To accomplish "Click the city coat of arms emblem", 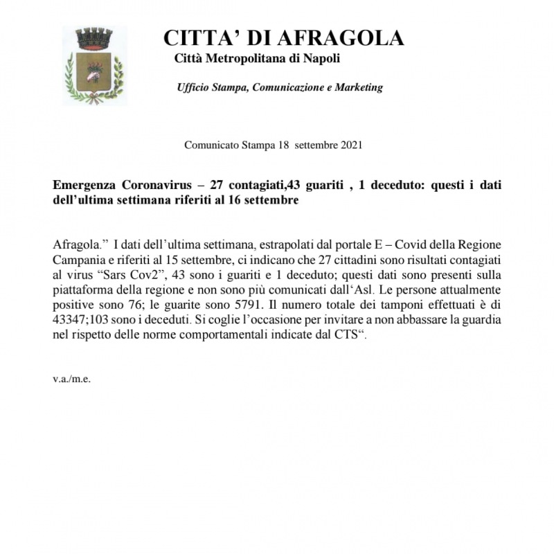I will click(x=94, y=66).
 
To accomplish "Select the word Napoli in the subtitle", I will click(x=323, y=58).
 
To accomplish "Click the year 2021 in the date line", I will click(x=350, y=145).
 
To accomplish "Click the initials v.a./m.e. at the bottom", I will click(x=71, y=379).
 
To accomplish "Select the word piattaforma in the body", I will click(x=80, y=288).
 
